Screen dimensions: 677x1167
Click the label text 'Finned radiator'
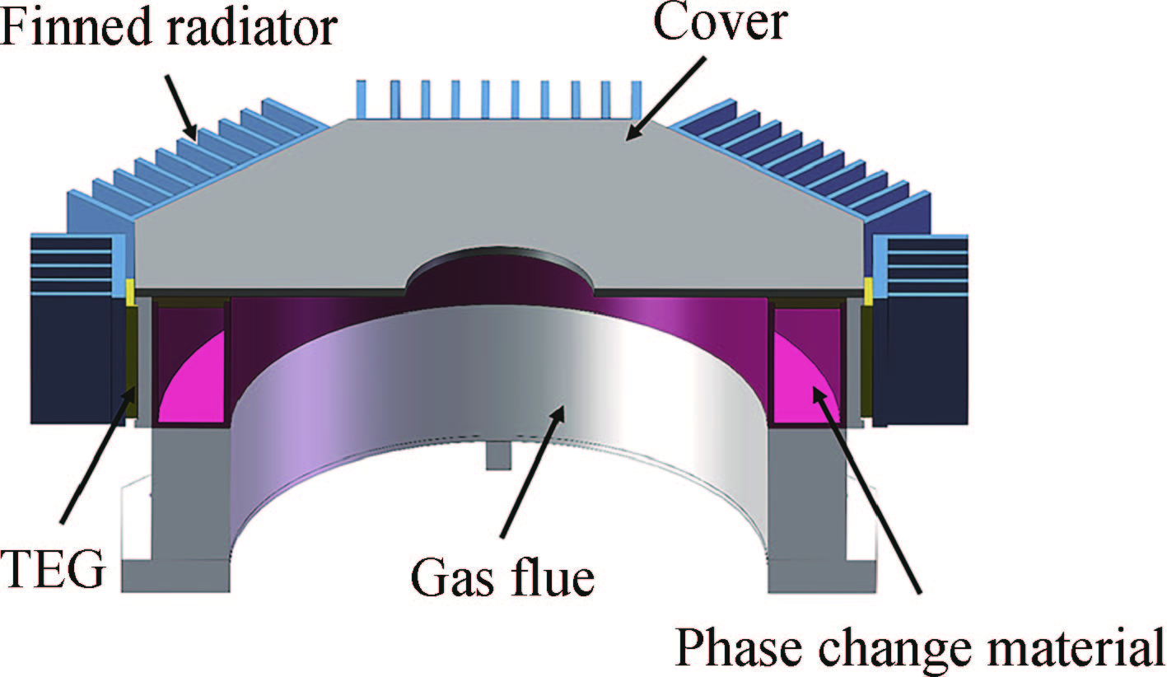169,27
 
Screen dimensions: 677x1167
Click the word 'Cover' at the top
720,26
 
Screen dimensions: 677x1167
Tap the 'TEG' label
54,569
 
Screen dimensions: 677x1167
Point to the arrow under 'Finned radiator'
182,106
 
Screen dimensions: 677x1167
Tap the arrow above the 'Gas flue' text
530,470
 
